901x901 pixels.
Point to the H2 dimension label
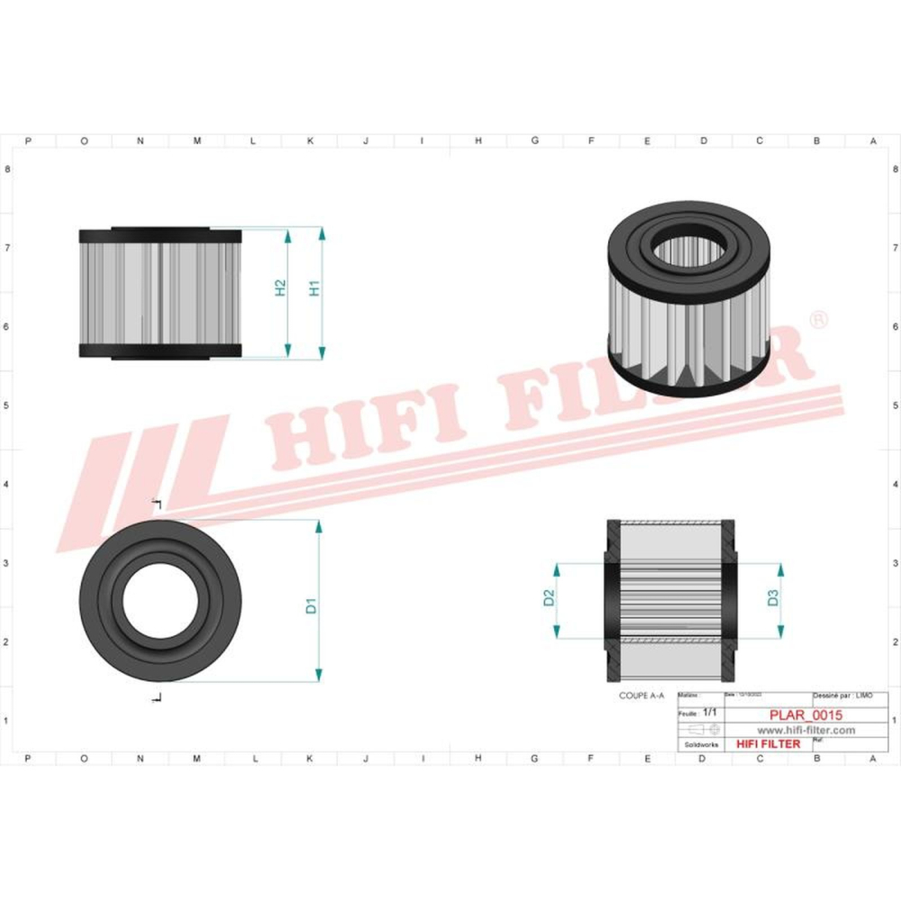coord(280,288)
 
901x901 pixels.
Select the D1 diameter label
coord(311,605)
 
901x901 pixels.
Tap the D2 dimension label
coord(548,597)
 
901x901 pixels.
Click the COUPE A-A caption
coord(642,696)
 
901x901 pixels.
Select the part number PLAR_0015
coord(805,715)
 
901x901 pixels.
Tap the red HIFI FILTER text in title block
coord(769,744)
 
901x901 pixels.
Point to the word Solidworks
coord(702,745)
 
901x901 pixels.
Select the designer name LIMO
coord(864,696)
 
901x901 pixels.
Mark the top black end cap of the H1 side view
coord(160,235)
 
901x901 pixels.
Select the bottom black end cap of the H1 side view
coord(160,350)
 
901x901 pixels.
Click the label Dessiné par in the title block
coord(831,696)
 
